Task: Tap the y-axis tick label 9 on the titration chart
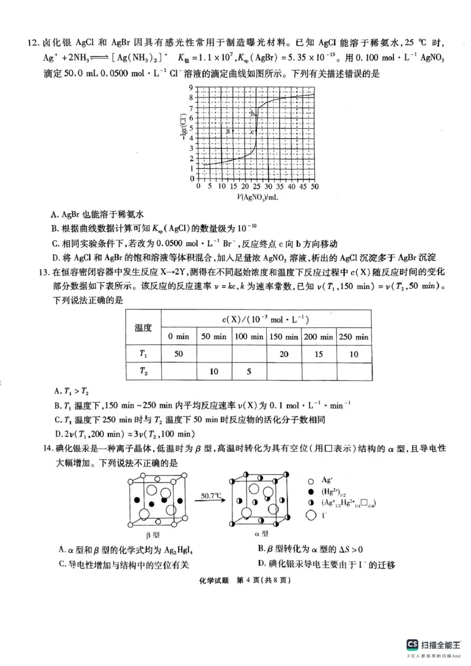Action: pos(191,88)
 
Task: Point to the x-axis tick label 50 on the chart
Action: pos(314,187)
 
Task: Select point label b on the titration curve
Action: pos(253,113)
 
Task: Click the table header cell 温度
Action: pos(144,327)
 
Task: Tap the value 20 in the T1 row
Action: pos(284,354)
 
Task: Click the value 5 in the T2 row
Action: pos(249,372)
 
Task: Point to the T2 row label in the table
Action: pos(144,372)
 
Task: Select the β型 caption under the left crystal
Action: pos(152,534)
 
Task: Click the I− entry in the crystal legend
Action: pos(326,516)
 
